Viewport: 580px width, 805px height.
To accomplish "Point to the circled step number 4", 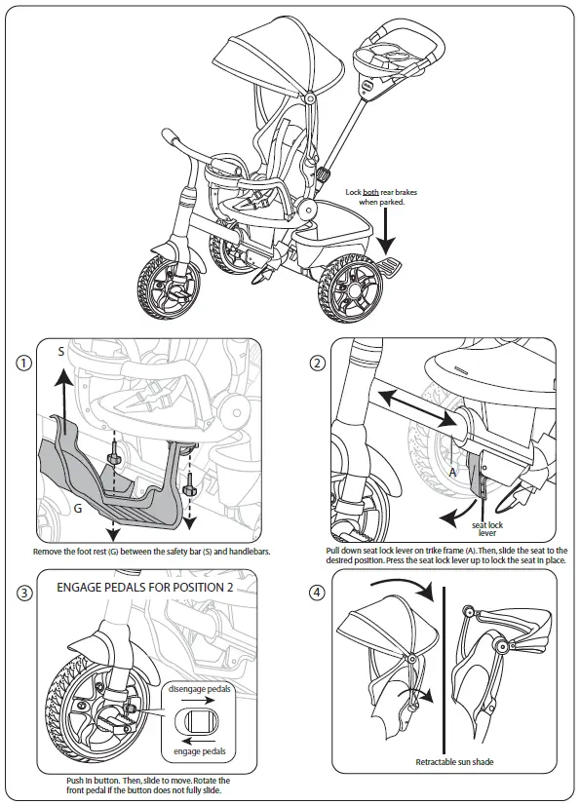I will [317, 594].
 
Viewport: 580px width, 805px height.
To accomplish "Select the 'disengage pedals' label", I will [203, 690].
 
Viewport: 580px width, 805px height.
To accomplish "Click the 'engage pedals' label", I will [202, 751].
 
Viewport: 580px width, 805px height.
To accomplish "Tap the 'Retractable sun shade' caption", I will [453, 761].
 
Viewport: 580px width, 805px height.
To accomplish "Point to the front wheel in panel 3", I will [88, 702].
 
